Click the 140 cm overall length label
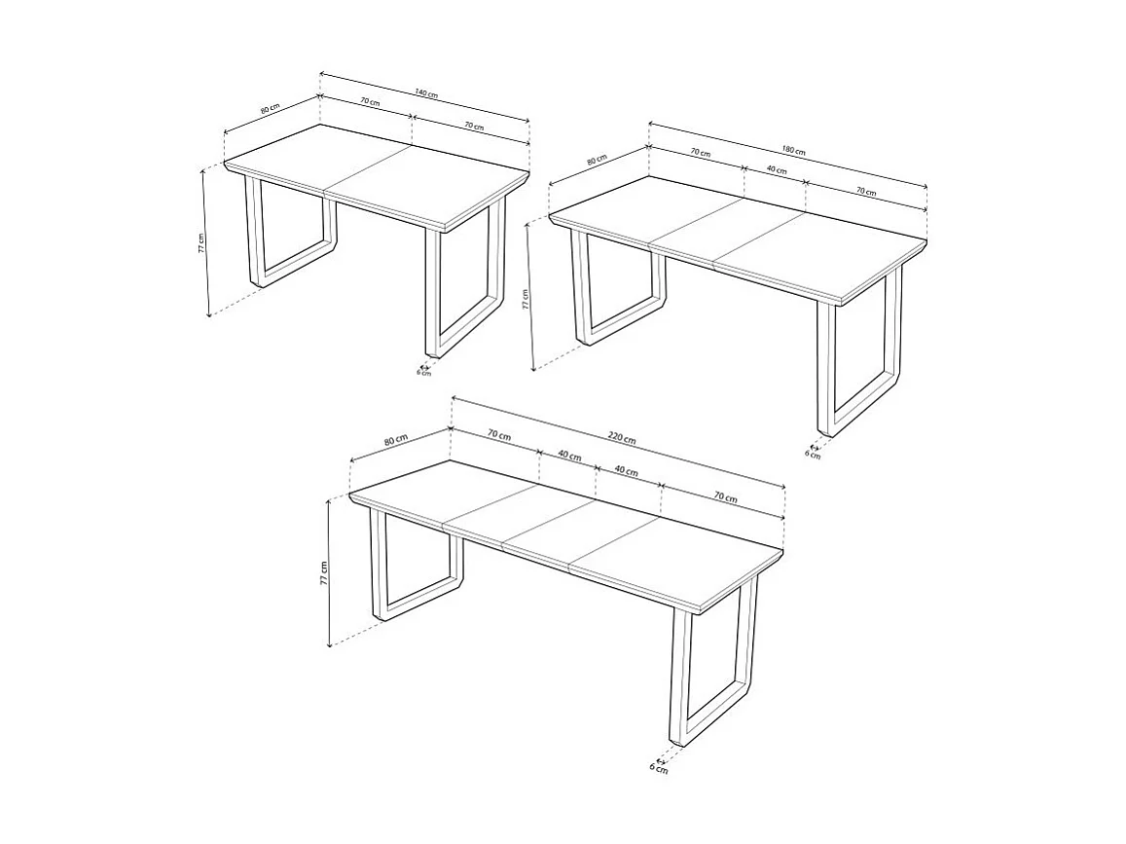pos(426,93)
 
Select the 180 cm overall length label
pos(793,151)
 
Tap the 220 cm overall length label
pos(623,438)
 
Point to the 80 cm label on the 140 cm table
pos(270,109)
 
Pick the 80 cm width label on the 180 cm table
pos(597,161)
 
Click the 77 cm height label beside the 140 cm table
pos(201,243)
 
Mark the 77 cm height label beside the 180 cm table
pos(526,299)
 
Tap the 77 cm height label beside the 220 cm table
pos(324,573)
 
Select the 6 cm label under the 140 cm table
pos(423,372)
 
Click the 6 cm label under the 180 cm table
pos(812,454)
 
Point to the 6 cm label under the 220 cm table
pos(659,768)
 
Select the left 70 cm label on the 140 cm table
pos(369,102)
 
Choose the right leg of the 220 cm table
pos(715,672)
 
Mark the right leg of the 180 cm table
pos(861,360)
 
